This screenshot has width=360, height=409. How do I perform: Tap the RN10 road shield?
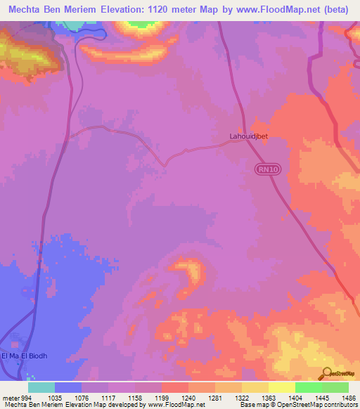(265, 169)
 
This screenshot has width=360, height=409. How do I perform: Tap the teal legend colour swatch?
(41, 387)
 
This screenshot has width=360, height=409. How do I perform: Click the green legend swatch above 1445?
(309, 387)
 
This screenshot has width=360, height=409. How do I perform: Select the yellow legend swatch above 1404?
(282, 387)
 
